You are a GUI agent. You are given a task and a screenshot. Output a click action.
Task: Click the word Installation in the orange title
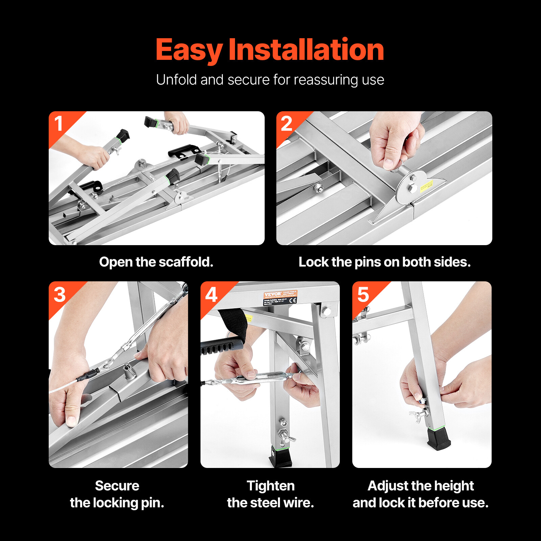pyautogui.click(x=306, y=50)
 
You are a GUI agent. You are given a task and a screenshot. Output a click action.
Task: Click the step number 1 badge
pyautogui.click(x=59, y=123)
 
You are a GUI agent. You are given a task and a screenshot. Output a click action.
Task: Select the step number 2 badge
pyautogui.click(x=286, y=123)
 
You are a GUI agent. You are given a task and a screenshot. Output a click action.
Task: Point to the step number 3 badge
pyautogui.click(x=60, y=295)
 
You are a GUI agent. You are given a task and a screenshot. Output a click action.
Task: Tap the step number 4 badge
pyautogui.click(x=211, y=295)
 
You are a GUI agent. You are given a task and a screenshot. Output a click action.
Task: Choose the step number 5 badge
pyautogui.click(x=363, y=295)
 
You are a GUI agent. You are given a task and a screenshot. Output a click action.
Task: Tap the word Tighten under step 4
pyautogui.click(x=270, y=486)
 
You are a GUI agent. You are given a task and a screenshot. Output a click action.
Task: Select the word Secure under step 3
pyautogui.click(x=117, y=486)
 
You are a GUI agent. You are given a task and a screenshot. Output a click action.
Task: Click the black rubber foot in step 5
pyautogui.click(x=438, y=440)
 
